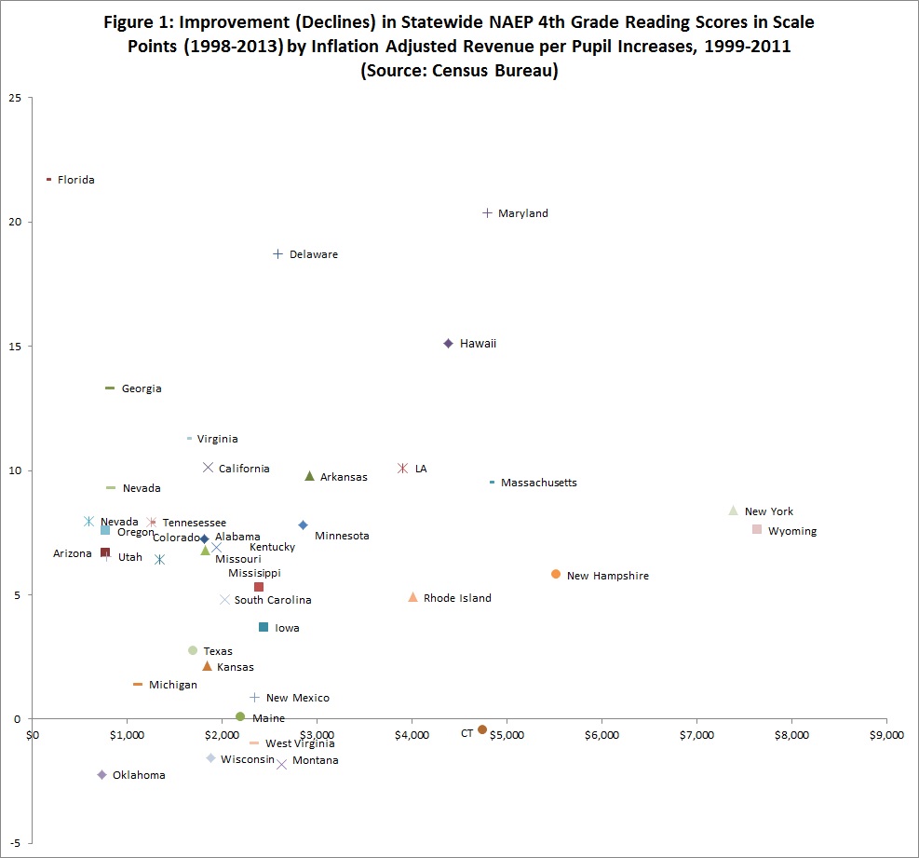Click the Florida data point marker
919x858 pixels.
point(48,179)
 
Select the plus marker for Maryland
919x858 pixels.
point(487,213)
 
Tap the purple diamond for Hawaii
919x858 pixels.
point(448,344)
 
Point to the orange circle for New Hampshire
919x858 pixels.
point(556,574)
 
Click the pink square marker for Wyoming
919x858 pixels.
point(757,529)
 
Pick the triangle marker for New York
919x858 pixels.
point(734,511)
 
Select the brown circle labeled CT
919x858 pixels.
point(482,729)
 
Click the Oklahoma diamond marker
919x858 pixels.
point(102,775)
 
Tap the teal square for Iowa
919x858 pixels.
point(264,627)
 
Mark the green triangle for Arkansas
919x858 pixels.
point(310,476)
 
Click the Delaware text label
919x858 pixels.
point(314,254)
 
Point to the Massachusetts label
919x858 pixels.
point(538,483)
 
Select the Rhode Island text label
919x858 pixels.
point(457,598)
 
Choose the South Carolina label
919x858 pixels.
point(273,600)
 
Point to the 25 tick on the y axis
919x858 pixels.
point(17,98)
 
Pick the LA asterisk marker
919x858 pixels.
point(403,468)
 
